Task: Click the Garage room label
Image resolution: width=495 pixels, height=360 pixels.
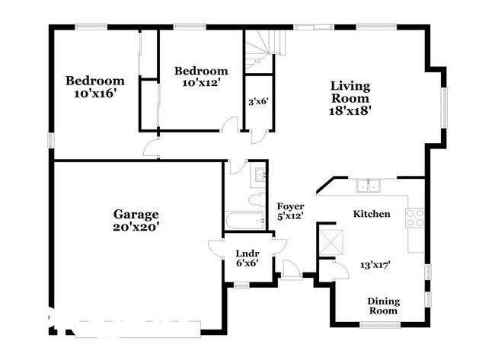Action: click(x=136, y=215)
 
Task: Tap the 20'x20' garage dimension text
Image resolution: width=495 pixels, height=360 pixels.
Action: click(x=136, y=227)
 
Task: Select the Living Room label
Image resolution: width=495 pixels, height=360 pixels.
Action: click(x=350, y=92)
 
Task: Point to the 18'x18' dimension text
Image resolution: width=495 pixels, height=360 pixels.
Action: click(x=350, y=111)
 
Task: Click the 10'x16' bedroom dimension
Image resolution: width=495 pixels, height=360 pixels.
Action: click(x=94, y=94)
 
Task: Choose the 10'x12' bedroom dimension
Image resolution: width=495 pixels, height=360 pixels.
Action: click(x=201, y=83)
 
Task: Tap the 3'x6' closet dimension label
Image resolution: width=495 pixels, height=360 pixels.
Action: click(x=259, y=102)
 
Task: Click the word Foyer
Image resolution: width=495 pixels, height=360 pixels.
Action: click(x=290, y=206)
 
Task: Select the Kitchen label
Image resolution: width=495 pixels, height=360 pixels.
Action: click(x=372, y=214)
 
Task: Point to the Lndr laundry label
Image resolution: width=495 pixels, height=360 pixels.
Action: click(x=247, y=253)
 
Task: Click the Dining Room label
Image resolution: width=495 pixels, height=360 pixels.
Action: click(x=383, y=306)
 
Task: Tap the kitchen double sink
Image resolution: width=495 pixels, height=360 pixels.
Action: click(x=369, y=186)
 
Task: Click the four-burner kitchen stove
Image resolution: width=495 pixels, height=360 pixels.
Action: click(x=415, y=218)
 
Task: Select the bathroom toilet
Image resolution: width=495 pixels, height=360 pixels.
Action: click(x=257, y=199)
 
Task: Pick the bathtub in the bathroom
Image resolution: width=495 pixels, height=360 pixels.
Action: click(x=245, y=221)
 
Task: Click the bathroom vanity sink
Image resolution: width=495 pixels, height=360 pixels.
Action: click(x=260, y=174)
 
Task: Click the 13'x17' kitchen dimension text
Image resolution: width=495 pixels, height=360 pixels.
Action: click(x=375, y=265)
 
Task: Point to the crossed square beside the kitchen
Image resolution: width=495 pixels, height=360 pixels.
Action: click(x=331, y=243)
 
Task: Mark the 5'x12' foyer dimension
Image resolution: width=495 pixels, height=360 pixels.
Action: click(x=290, y=216)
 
